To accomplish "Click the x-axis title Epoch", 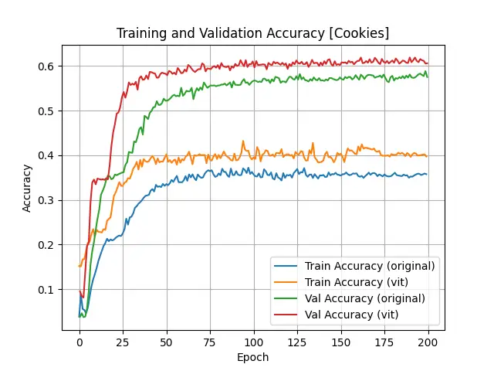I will tap(253, 357).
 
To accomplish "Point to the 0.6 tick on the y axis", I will tap(49, 66).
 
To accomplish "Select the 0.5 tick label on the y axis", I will tap(49, 111).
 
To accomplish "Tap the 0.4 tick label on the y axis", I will tap(49, 155).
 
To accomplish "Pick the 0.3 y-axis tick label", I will tap(49, 200).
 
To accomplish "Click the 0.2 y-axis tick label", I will tap(49, 245).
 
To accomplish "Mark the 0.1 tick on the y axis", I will tap(49, 290).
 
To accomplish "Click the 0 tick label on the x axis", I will tap(80, 342).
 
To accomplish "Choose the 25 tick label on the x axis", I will tap(123, 342).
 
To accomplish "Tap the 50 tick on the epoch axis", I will tap(167, 342).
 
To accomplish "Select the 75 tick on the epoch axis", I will tap(210, 342).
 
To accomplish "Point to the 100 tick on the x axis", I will tap(254, 342).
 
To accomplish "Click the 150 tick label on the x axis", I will tap(341, 342).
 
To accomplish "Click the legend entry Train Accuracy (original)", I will tap(370, 266).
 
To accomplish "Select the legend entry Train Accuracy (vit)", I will tap(356, 282).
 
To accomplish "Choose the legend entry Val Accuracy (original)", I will tap(365, 298).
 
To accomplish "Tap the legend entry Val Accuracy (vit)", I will tap(351, 315).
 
